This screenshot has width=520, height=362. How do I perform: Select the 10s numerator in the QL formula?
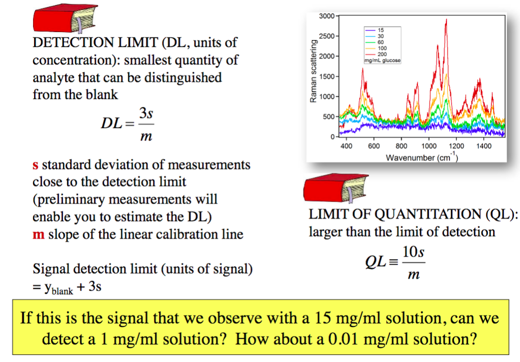(x=413, y=252)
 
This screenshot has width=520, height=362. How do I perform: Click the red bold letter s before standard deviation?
(x=35, y=165)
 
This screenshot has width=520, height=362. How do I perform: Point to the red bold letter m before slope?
(x=38, y=235)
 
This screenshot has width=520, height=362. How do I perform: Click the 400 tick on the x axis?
(x=346, y=146)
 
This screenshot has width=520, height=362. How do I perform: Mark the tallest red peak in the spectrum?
(x=446, y=20)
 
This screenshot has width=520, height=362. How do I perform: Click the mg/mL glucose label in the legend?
(x=382, y=60)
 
